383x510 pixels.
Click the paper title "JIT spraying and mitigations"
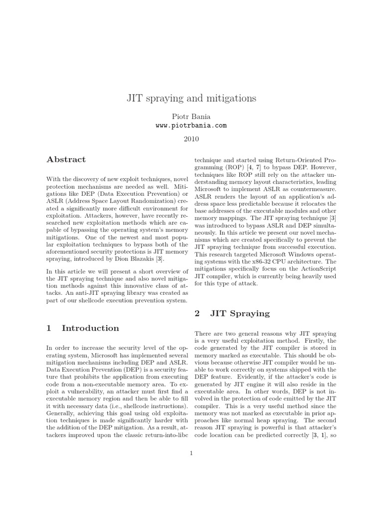click(x=191, y=98)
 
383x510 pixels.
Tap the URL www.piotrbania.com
click(x=191, y=126)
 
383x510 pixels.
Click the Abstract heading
click(x=66, y=159)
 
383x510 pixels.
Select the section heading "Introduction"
click(x=90, y=328)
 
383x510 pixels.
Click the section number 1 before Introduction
click(x=49, y=328)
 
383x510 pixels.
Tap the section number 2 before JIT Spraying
click(x=197, y=313)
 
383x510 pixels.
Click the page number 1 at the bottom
click(x=191, y=453)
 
